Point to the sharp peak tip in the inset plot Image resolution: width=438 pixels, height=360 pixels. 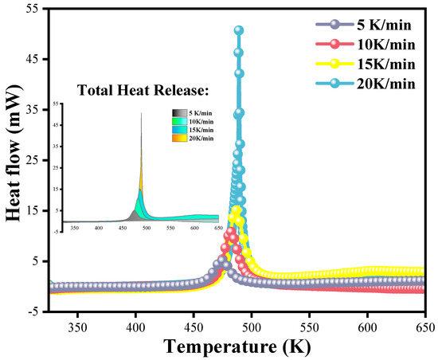[141, 113]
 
